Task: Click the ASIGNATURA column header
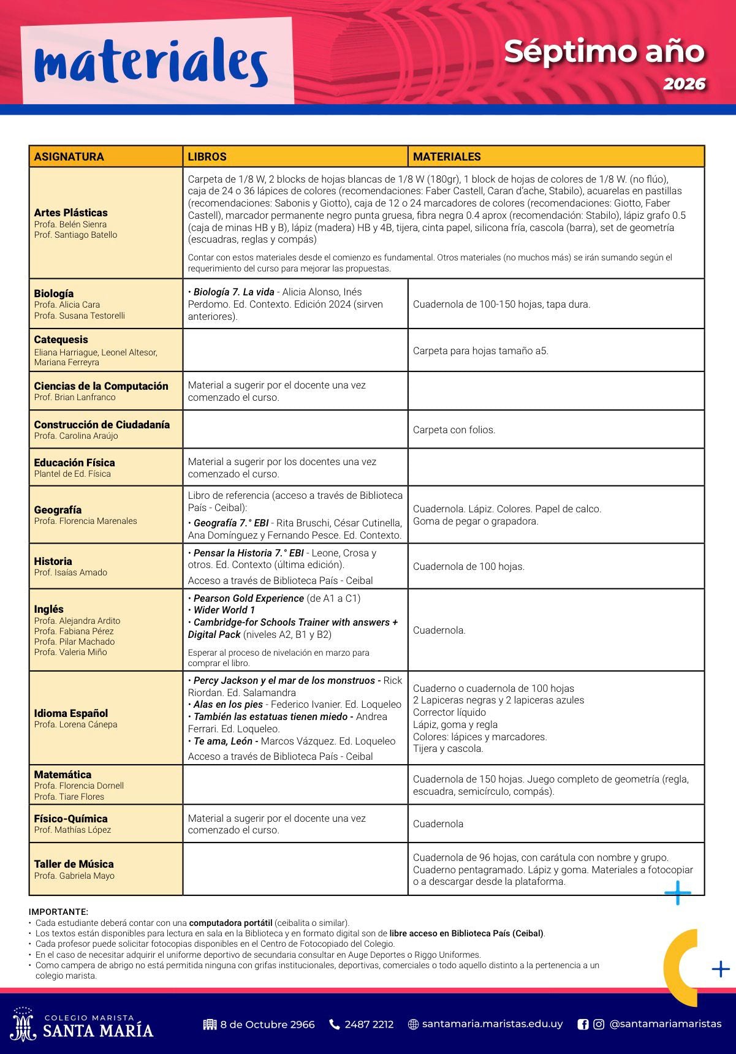(69, 156)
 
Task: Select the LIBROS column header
(207, 156)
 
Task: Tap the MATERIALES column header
(447, 156)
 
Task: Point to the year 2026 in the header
(684, 84)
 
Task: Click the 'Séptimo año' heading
(604, 51)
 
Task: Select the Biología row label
(54, 294)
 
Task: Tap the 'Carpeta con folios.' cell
(454, 430)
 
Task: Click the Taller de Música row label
(74, 864)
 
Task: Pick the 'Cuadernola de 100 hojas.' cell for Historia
(469, 567)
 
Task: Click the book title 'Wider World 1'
(224, 610)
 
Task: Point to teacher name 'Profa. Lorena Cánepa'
(75, 724)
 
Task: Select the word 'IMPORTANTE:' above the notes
(58, 912)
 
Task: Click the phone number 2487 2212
(369, 1024)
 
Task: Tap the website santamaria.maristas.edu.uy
(492, 1024)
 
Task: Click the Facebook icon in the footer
(583, 1024)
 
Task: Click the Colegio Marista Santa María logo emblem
(23, 1023)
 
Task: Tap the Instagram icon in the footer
(599, 1024)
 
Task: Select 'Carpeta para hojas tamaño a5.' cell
(480, 351)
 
